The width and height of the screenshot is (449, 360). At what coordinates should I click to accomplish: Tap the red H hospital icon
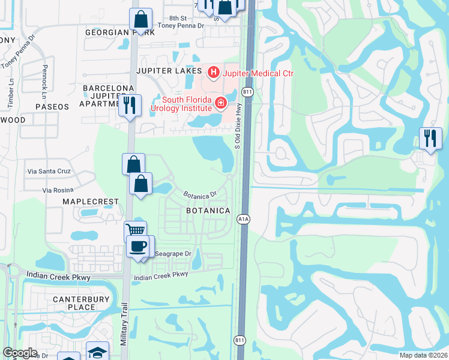click(212, 73)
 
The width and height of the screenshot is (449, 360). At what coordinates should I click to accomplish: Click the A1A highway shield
click(244, 219)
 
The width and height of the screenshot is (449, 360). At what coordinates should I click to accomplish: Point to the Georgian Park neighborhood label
click(120, 32)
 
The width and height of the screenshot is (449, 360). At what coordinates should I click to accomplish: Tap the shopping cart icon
click(136, 230)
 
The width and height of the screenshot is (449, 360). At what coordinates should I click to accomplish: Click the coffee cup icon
click(138, 246)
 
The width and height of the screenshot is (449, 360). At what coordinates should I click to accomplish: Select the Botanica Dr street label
click(200, 196)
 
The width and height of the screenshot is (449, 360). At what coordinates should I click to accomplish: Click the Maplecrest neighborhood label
click(89, 202)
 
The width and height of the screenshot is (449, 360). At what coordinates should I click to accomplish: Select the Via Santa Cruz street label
click(49, 171)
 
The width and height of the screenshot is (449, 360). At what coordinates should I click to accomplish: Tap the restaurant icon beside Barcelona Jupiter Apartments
click(130, 106)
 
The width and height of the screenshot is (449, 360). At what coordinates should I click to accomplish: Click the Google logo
click(20, 353)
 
